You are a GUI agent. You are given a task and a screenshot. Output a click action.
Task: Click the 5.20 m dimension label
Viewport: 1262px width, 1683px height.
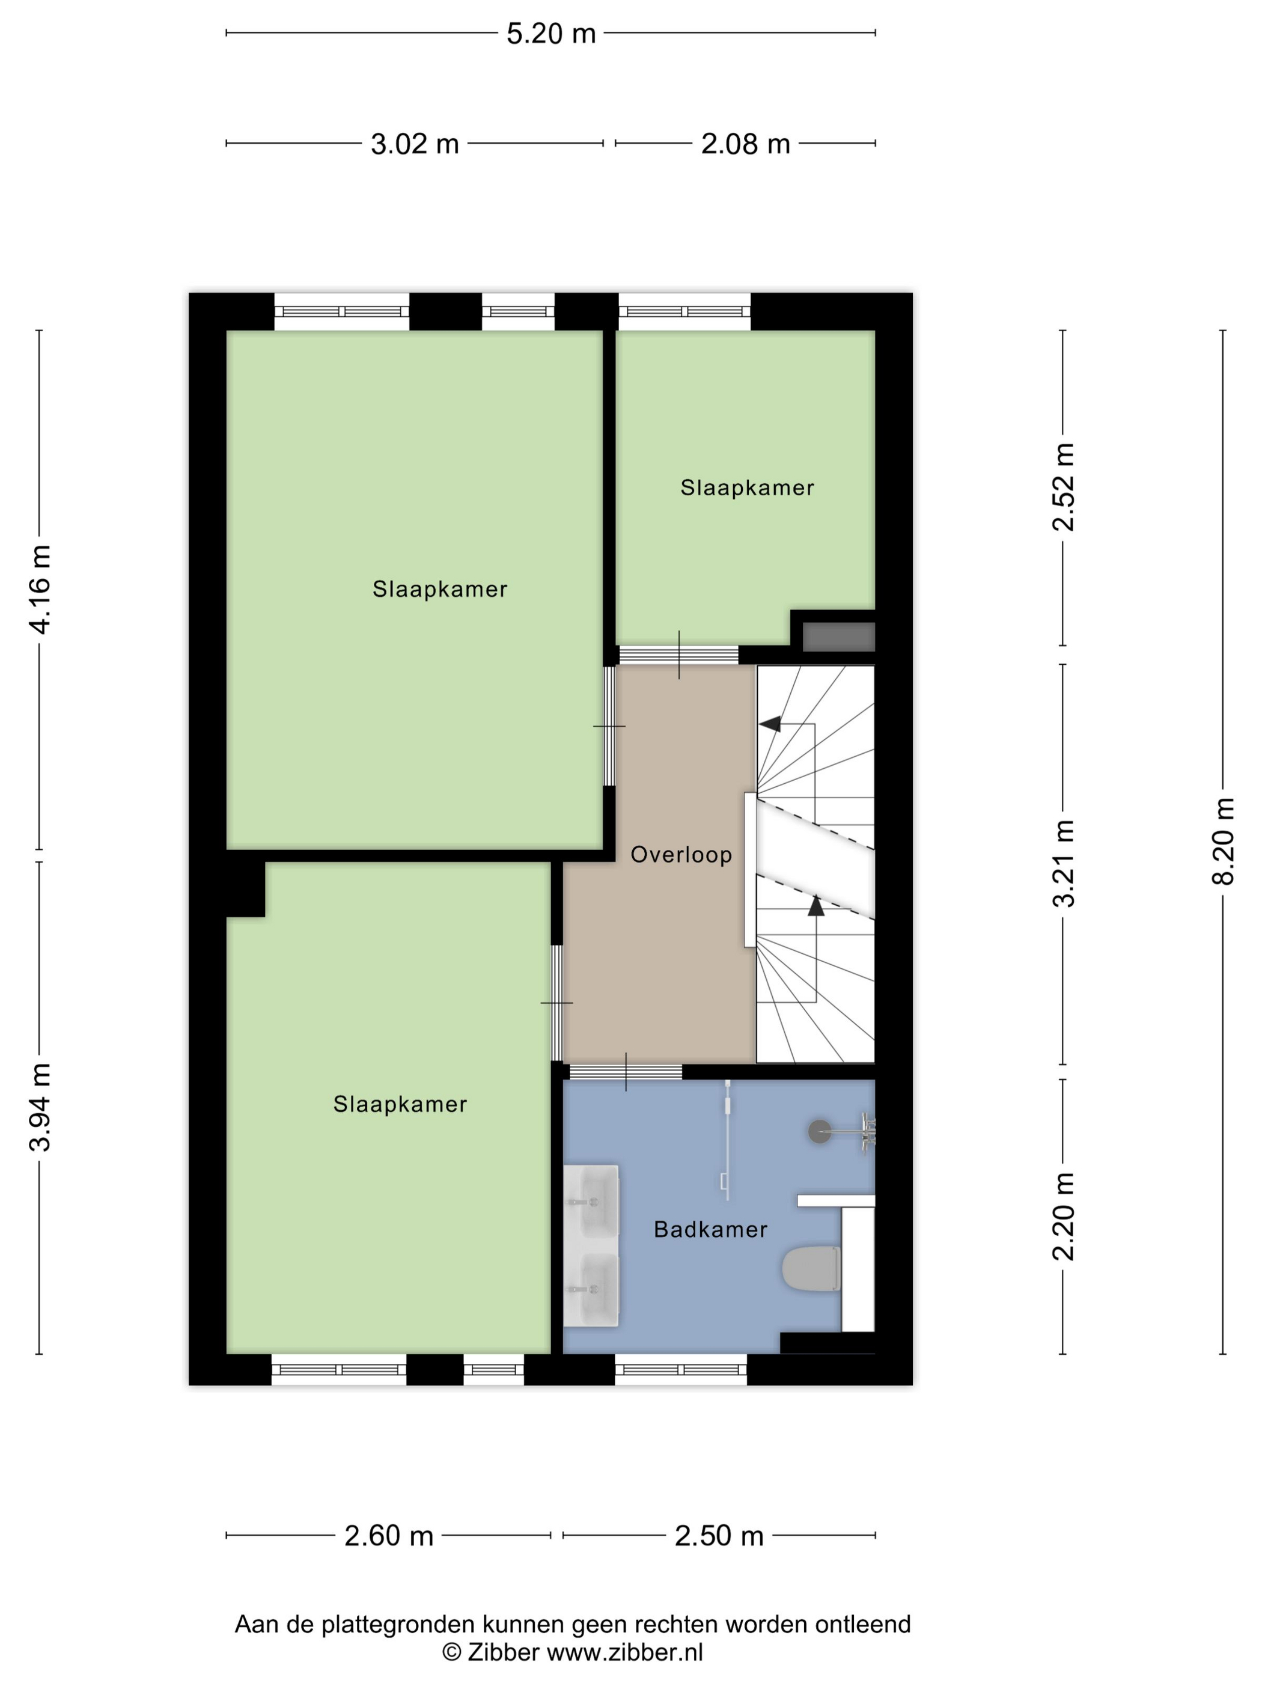click(550, 34)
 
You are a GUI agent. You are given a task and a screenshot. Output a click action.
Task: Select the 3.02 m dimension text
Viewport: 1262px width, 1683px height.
click(415, 144)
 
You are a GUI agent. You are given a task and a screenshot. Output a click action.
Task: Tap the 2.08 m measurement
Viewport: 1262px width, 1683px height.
click(746, 144)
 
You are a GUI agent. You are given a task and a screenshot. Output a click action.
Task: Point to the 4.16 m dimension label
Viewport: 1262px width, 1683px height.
click(40, 589)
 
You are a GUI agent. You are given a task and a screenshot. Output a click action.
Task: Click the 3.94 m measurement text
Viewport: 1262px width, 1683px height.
click(40, 1107)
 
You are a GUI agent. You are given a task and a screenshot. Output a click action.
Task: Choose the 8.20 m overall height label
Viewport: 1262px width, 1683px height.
click(1223, 841)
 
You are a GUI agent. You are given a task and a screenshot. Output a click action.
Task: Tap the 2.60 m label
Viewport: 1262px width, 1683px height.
click(389, 1536)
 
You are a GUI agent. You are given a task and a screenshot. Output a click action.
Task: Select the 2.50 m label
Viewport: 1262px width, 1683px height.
click(719, 1536)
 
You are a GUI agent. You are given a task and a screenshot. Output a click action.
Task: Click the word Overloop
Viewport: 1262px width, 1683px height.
click(681, 855)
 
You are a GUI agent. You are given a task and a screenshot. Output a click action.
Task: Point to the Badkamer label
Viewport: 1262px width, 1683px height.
click(710, 1230)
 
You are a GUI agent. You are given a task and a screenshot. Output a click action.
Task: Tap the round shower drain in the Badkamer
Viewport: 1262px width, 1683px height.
click(819, 1131)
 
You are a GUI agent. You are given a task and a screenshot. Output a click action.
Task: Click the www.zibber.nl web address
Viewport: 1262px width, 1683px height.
click(624, 1652)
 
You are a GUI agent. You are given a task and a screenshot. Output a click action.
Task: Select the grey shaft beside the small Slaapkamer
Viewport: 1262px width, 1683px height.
click(839, 637)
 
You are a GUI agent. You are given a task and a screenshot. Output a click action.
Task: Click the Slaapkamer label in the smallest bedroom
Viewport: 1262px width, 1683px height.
click(747, 487)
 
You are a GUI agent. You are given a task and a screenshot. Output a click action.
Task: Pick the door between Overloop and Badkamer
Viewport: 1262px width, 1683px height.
click(626, 1072)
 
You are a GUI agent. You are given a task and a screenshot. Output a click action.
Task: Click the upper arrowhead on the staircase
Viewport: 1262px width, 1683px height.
click(770, 723)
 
